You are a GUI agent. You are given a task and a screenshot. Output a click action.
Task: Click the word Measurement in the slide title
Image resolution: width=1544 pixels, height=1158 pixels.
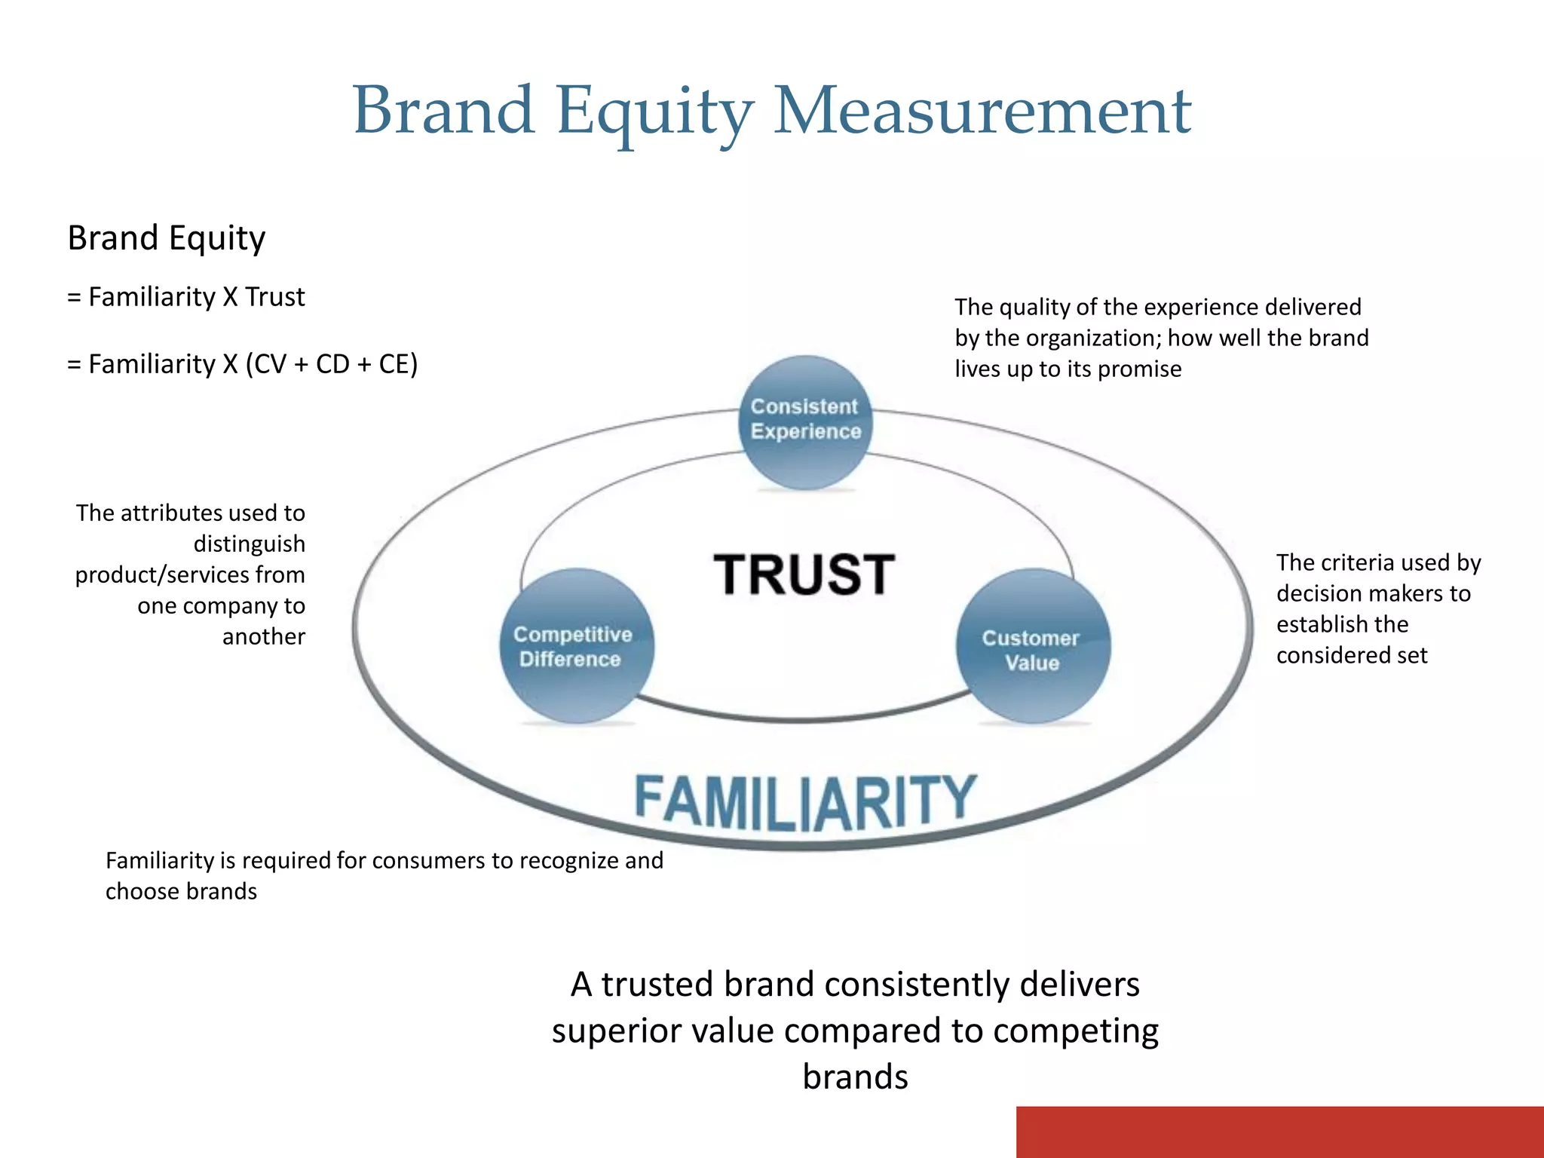point(982,112)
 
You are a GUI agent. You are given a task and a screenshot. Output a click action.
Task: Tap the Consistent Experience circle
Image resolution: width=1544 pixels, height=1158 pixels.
point(805,422)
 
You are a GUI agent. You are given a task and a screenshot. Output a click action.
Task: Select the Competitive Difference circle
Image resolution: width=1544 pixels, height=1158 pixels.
point(576,646)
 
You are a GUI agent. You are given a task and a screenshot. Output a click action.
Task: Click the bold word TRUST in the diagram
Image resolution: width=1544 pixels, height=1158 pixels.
point(804,574)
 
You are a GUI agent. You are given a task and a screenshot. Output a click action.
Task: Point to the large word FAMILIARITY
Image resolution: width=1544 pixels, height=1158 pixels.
point(805,801)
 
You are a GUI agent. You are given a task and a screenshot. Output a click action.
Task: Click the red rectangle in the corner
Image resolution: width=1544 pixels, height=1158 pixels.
point(1279,1132)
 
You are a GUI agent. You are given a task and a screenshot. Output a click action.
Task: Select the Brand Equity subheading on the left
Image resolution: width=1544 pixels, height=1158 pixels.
point(167,238)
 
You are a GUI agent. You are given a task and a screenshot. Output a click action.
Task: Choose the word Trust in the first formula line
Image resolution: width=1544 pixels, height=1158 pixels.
point(275,297)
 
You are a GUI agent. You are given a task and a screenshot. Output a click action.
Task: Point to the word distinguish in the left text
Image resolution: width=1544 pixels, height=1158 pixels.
point(250,544)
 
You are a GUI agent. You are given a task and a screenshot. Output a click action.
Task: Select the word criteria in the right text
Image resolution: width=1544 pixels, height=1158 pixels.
point(1358,562)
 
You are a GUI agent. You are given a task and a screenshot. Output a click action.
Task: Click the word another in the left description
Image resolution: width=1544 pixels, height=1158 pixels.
point(264,637)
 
